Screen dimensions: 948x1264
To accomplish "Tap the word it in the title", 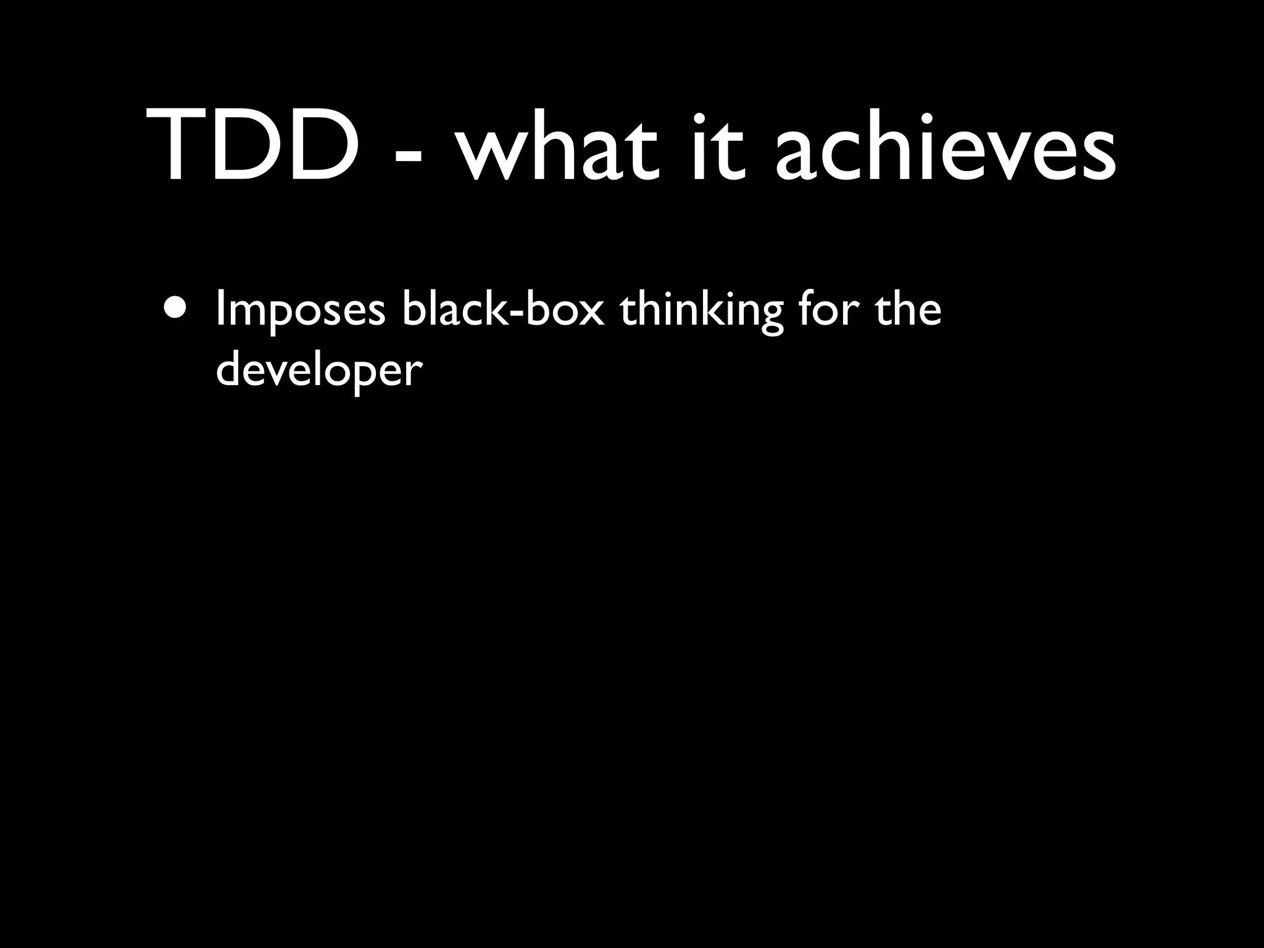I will click(x=715, y=145).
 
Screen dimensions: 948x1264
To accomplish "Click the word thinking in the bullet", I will click(x=701, y=312).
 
